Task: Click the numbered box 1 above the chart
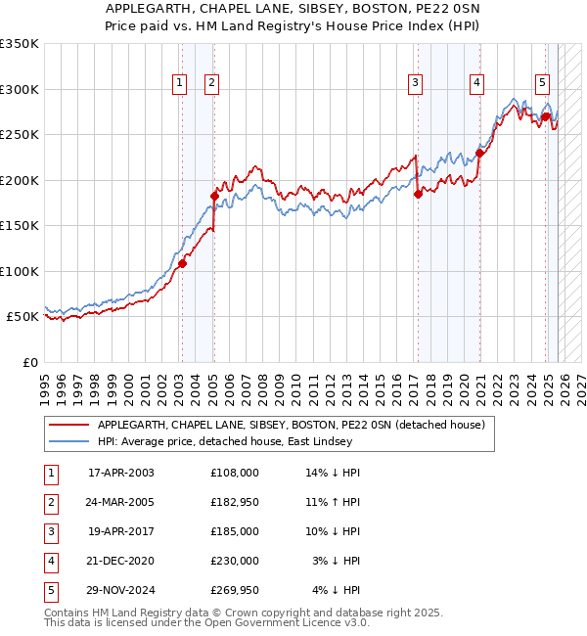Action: pos(181,84)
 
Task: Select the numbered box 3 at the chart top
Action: pos(416,84)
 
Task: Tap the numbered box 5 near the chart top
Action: pos(542,84)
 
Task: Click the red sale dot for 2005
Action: pos(214,196)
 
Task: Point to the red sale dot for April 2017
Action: pos(418,194)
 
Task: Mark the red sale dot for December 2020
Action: pos(480,153)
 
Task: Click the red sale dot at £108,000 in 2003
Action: pos(183,263)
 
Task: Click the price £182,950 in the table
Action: pos(235,502)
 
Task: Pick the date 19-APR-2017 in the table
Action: pos(121,531)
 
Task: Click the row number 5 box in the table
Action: pos(49,590)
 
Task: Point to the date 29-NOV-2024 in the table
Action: pos(121,590)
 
